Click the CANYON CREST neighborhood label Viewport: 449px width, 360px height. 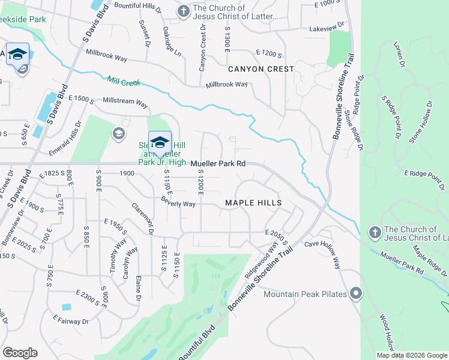click(261, 69)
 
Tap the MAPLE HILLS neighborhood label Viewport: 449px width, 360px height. click(253, 203)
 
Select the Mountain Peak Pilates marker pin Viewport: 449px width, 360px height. click(356, 293)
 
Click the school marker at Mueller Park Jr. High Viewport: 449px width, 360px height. click(160, 143)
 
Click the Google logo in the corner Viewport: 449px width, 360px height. click(20, 353)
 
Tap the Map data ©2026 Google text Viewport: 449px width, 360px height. click(412, 355)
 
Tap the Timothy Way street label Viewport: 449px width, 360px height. click(118, 257)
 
